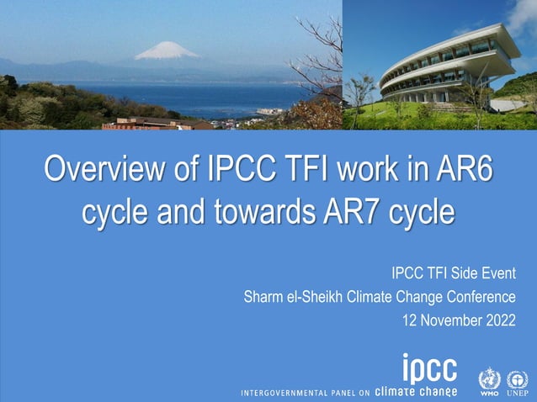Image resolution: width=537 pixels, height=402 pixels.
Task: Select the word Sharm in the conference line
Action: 261,297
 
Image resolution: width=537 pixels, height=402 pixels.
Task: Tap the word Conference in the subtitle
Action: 481,297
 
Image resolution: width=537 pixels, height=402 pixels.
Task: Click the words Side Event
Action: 483,273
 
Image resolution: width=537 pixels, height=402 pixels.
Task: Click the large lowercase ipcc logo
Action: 429,368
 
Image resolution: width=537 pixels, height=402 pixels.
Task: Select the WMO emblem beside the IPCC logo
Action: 489,380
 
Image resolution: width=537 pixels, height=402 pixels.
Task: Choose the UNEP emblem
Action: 517,380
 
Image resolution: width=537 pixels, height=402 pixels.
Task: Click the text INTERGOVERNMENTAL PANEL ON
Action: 306,392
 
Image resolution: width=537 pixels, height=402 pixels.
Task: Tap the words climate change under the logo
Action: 416,391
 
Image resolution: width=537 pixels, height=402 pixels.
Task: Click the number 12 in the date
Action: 410,320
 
